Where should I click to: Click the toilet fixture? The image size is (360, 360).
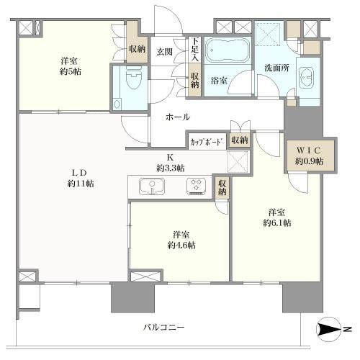tap(131, 83)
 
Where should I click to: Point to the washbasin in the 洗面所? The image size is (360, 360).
tap(307, 78)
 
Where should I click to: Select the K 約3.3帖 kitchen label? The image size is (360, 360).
tap(171, 162)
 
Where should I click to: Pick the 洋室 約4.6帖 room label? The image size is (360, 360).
tap(180, 240)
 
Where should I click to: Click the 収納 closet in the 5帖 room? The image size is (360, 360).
tap(136, 50)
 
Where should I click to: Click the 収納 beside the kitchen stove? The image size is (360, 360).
tap(222, 187)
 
